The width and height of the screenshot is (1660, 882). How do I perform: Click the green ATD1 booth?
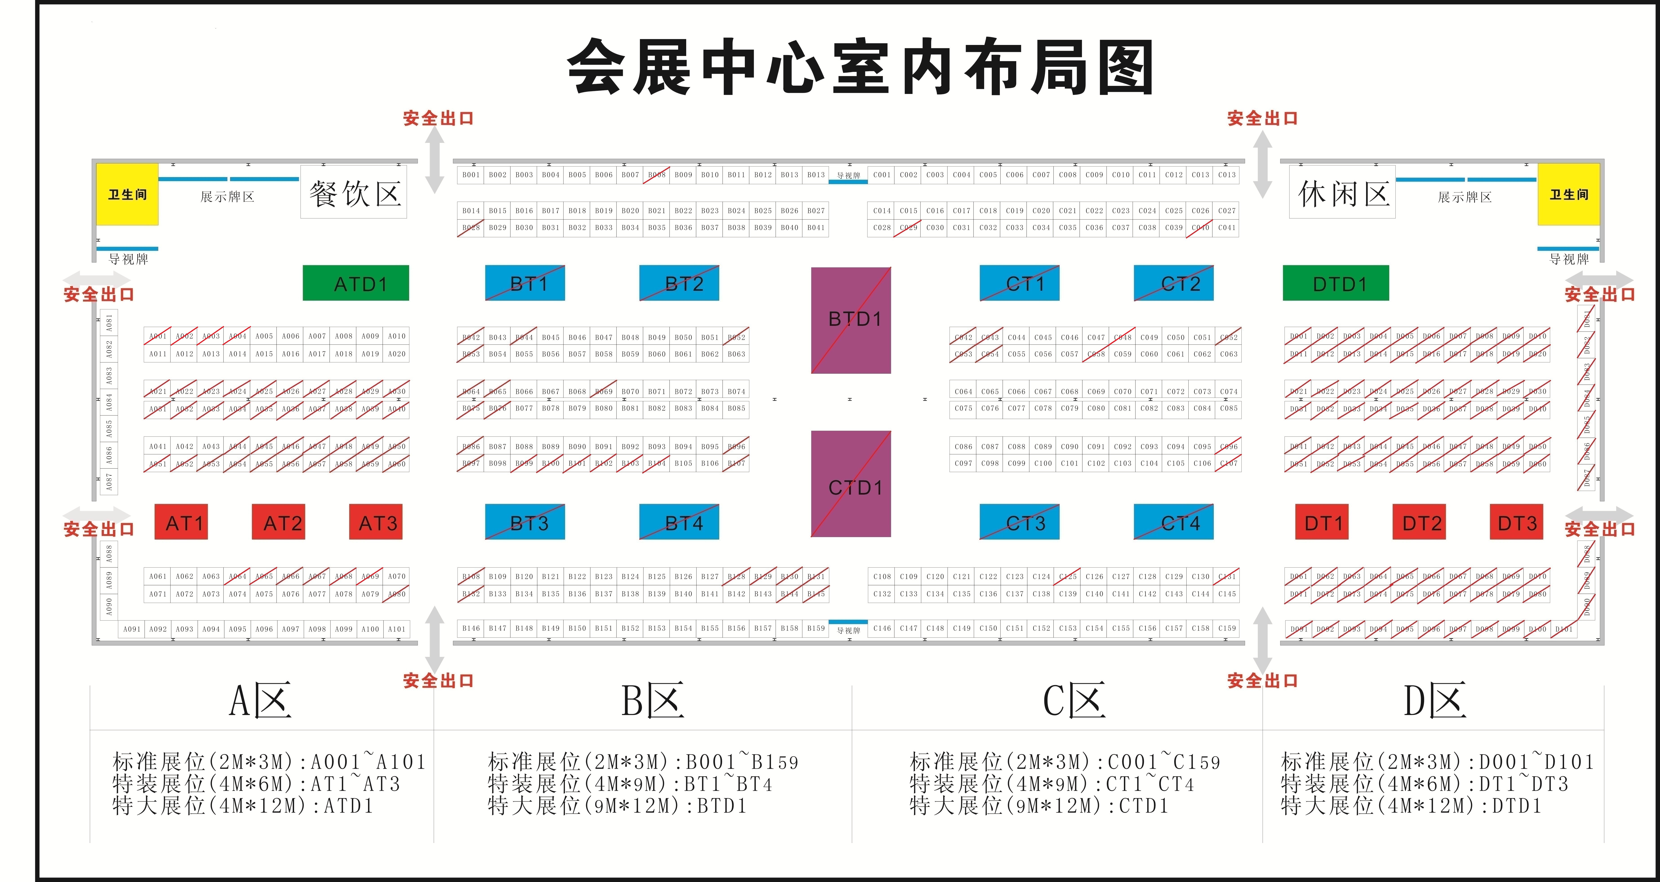[x=356, y=283]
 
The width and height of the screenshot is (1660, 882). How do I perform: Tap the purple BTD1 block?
[x=851, y=320]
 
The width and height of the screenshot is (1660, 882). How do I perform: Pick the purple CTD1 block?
[x=851, y=484]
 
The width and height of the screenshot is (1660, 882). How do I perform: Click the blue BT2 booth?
[x=679, y=283]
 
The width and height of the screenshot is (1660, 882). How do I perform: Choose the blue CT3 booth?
[x=1019, y=522]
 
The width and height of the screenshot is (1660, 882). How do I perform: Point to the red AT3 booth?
[x=376, y=522]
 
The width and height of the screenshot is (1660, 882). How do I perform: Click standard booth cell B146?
[x=471, y=628]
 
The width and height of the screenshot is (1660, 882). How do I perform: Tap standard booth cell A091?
[x=131, y=629]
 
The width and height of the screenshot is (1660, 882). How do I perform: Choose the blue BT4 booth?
[x=679, y=522]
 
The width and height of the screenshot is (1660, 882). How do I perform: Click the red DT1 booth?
[x=1322, y=522]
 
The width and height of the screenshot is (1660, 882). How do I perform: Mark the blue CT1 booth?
[x=1019, y=283]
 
